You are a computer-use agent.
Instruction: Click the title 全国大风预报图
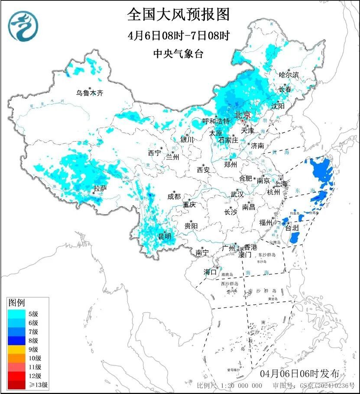point(178,14)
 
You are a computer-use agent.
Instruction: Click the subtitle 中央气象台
point(178,53)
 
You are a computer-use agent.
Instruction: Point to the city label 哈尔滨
point(289,75)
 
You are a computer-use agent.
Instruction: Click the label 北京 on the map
point(242,115)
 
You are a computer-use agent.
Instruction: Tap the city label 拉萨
point(101,188)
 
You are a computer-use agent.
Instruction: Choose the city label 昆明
point(165,236)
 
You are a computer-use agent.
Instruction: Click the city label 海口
point(211,272)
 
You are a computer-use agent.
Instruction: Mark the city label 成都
point(173,197)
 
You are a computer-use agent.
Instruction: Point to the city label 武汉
point(237,194)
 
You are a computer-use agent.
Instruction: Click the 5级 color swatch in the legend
point(17,314)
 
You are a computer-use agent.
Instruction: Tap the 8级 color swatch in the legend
point(17,340)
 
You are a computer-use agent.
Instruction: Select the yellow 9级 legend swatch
point(17,349)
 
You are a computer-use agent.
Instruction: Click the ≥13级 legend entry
point(27,384)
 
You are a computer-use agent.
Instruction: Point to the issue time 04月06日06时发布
point(300,374)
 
